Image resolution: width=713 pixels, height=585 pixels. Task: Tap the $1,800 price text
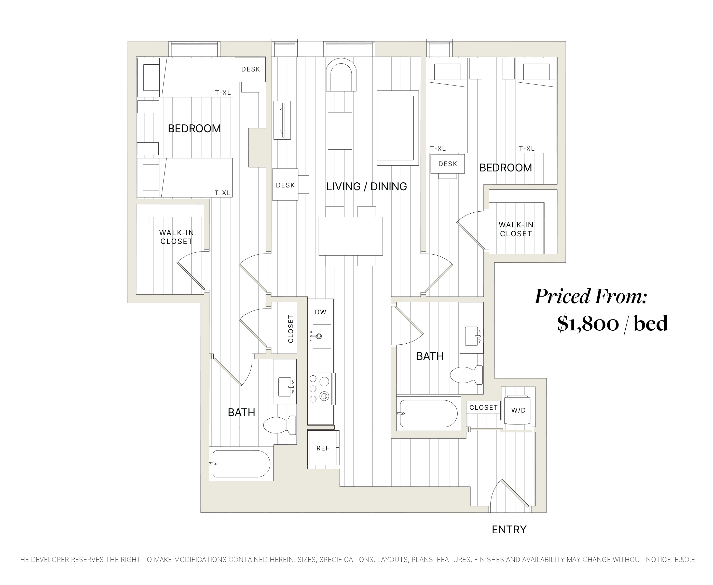(587, 324)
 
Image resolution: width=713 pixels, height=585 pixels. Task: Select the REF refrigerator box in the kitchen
(323, 448)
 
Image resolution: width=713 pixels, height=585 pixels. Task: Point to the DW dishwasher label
(320, 312)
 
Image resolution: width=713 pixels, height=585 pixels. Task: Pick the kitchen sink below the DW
(321, 336)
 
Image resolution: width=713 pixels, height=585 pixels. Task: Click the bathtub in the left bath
(241, 464)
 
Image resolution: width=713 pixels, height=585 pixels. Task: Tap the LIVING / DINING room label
(366, 186)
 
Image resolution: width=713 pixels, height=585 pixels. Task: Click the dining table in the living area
(350, 236)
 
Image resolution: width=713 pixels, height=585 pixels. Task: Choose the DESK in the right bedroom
(448, 164)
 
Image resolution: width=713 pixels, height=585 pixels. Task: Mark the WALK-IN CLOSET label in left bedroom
(176, 237)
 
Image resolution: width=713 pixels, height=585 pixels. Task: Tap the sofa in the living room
(397, 128)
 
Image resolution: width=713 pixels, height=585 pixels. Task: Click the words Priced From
(591, 297)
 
